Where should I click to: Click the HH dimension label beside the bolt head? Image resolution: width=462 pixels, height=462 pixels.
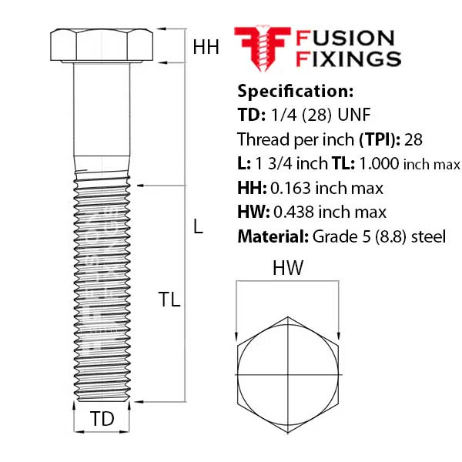click(x=206, y=47)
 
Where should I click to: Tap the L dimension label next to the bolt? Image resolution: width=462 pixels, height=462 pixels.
click(x=199, y=226)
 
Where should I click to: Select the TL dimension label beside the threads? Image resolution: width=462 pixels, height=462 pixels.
click(x=169, y=300)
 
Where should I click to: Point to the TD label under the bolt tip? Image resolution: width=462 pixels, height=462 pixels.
click(x=102, y=418)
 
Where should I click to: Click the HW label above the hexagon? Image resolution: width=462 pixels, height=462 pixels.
click(x=287, y=268)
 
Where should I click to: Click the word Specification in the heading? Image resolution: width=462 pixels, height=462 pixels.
click(x=295, y=92)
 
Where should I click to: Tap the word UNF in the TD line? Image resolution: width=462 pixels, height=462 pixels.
click(x=354, y=115)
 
